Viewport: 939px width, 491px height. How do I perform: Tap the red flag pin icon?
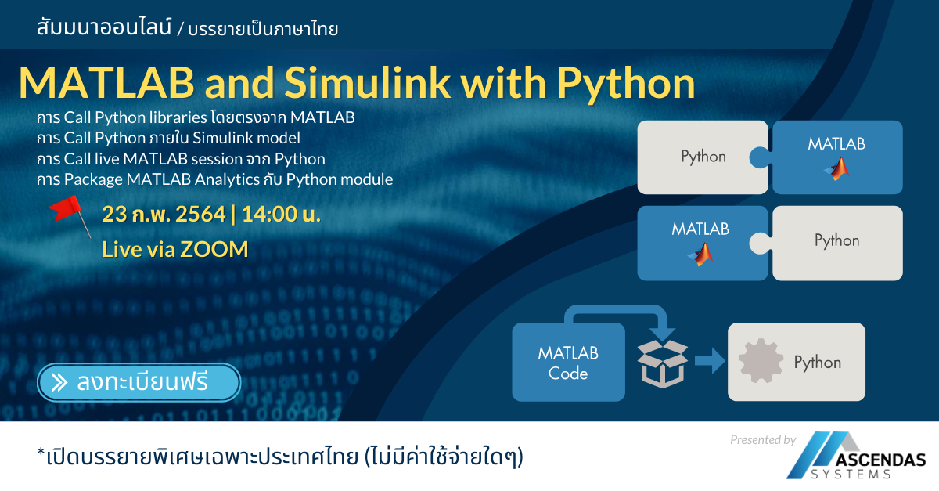click(68, 213)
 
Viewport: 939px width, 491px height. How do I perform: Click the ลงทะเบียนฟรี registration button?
click(138, 382)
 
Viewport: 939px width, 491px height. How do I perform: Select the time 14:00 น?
click(281, 214)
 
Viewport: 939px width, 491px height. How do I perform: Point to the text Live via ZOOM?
click(175, 249)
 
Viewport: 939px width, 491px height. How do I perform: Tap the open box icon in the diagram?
click(662, 363)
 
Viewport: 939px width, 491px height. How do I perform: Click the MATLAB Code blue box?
click(568, 363)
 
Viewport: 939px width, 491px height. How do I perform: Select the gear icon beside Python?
click(760, 362)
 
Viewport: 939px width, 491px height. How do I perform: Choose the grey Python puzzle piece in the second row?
click(836, 241)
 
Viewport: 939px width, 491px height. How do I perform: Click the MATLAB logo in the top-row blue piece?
click(837, 168)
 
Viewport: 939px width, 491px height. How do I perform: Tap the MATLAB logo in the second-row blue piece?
click(701, 253)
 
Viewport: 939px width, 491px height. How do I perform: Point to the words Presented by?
click(762, 440)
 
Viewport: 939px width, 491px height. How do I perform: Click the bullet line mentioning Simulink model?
click(168, 139)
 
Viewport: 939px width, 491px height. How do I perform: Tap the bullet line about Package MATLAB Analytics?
click(214, 179)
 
